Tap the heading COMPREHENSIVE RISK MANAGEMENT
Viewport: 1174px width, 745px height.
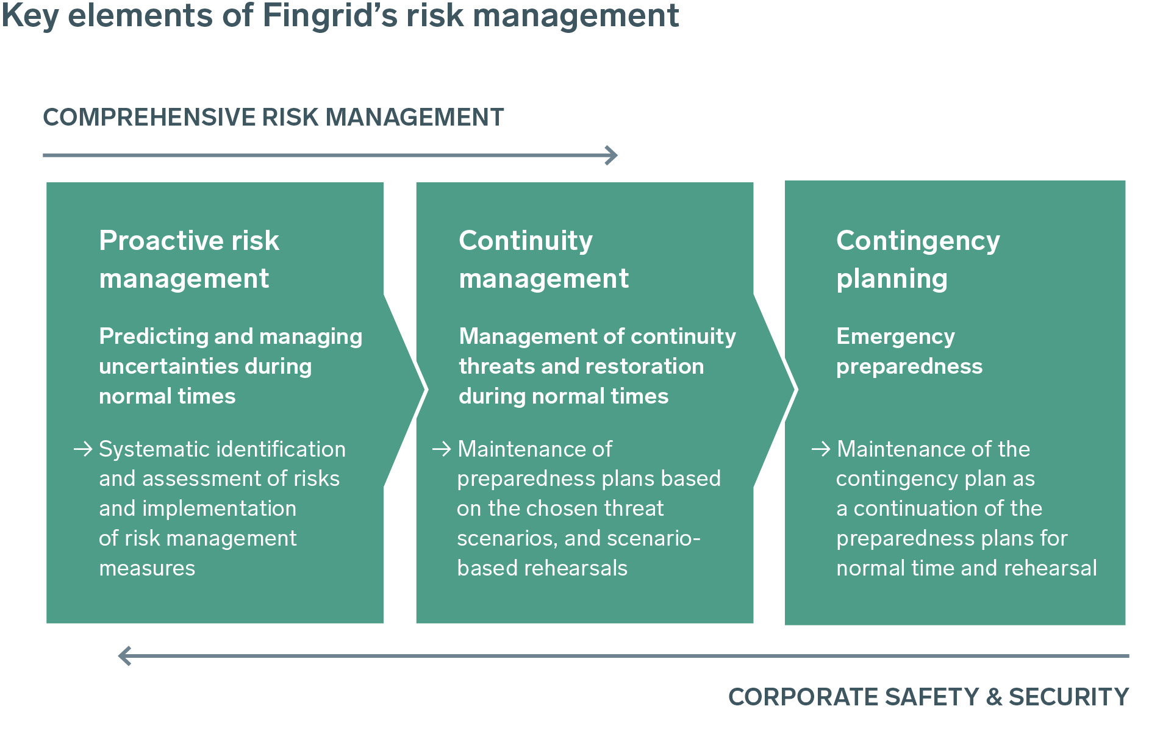pos(273,117)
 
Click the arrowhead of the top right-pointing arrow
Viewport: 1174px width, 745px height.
pos(611,155)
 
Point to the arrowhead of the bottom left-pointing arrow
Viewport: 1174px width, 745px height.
pos(125,656)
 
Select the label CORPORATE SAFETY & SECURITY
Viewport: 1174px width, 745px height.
pos(928,697)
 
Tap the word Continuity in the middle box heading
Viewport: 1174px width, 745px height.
pos(526,241)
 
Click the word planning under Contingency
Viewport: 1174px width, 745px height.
pos(892,279)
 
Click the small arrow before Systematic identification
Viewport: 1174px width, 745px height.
pos(83,449)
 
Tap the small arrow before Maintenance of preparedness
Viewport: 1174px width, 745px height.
pos(442,449)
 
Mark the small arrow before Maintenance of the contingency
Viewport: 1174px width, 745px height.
pos(821,449)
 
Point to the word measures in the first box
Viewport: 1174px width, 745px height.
pos(147,568)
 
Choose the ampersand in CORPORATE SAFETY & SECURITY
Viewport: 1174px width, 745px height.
pos(994,697)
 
